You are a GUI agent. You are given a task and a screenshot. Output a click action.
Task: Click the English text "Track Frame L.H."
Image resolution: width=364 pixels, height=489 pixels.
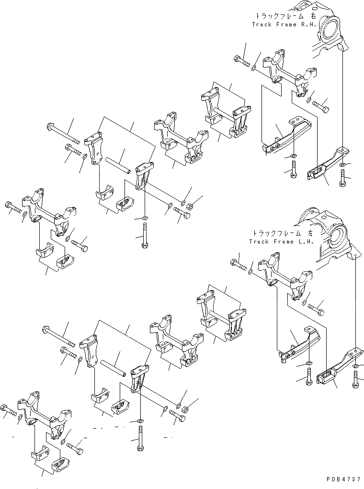pyautogui.click(x=281, y=241)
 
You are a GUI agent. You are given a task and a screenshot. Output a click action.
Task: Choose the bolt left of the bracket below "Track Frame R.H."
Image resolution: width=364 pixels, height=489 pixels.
pyautogui.click(x=240, y=61)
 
